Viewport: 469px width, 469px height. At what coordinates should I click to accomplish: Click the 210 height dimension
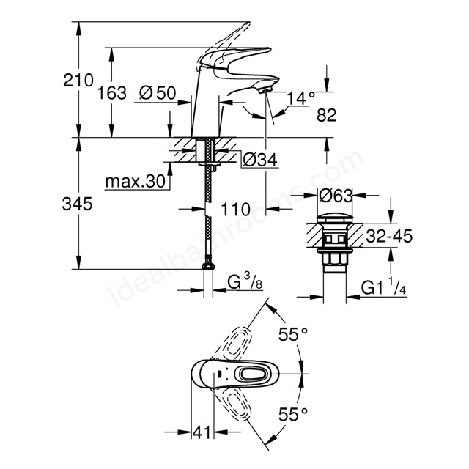(x=78, y=80)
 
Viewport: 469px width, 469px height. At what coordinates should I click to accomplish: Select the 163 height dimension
(x=112, y=93)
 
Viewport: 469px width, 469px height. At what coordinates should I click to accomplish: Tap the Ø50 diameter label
(x=158, y=93)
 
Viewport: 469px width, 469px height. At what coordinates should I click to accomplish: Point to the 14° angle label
(x=301, y=98)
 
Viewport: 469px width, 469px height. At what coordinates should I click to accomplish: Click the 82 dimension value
(x=327, y=115)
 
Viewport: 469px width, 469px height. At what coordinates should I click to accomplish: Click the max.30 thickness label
(x=136, y=181)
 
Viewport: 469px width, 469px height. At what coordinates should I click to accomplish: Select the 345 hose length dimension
(x=77, y=204)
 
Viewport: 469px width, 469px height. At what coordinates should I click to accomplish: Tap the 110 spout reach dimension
(x=235, y=209)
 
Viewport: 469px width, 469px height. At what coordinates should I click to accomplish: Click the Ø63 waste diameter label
(x=336, y=196)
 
